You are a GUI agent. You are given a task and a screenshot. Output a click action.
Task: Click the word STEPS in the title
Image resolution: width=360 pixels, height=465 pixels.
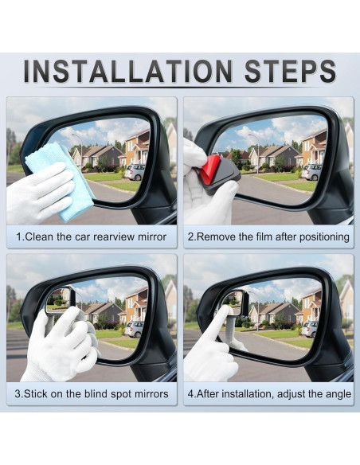tap(291, 71)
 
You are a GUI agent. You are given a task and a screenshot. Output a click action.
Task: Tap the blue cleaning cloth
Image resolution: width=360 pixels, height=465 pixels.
tap(61, 181)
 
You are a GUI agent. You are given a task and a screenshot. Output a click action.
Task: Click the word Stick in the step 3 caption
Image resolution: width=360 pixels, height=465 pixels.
tap(36, 394)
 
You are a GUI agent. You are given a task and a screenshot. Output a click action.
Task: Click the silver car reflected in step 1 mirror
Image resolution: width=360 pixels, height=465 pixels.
tap(135, 172)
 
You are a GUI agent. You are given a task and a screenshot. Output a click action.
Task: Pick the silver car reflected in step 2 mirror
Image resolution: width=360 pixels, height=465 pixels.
tap(311, 172)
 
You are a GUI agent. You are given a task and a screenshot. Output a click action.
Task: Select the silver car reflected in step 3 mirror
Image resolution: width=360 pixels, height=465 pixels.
tap(135, 329)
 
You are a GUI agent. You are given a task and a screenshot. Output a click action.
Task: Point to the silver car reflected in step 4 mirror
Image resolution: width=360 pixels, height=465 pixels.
tap(310, 329)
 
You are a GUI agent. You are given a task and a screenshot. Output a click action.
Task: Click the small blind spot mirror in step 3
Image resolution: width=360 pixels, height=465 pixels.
tap(61, 300)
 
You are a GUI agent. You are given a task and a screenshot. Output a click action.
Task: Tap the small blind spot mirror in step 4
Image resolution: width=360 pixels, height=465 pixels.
tap(235, 302)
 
